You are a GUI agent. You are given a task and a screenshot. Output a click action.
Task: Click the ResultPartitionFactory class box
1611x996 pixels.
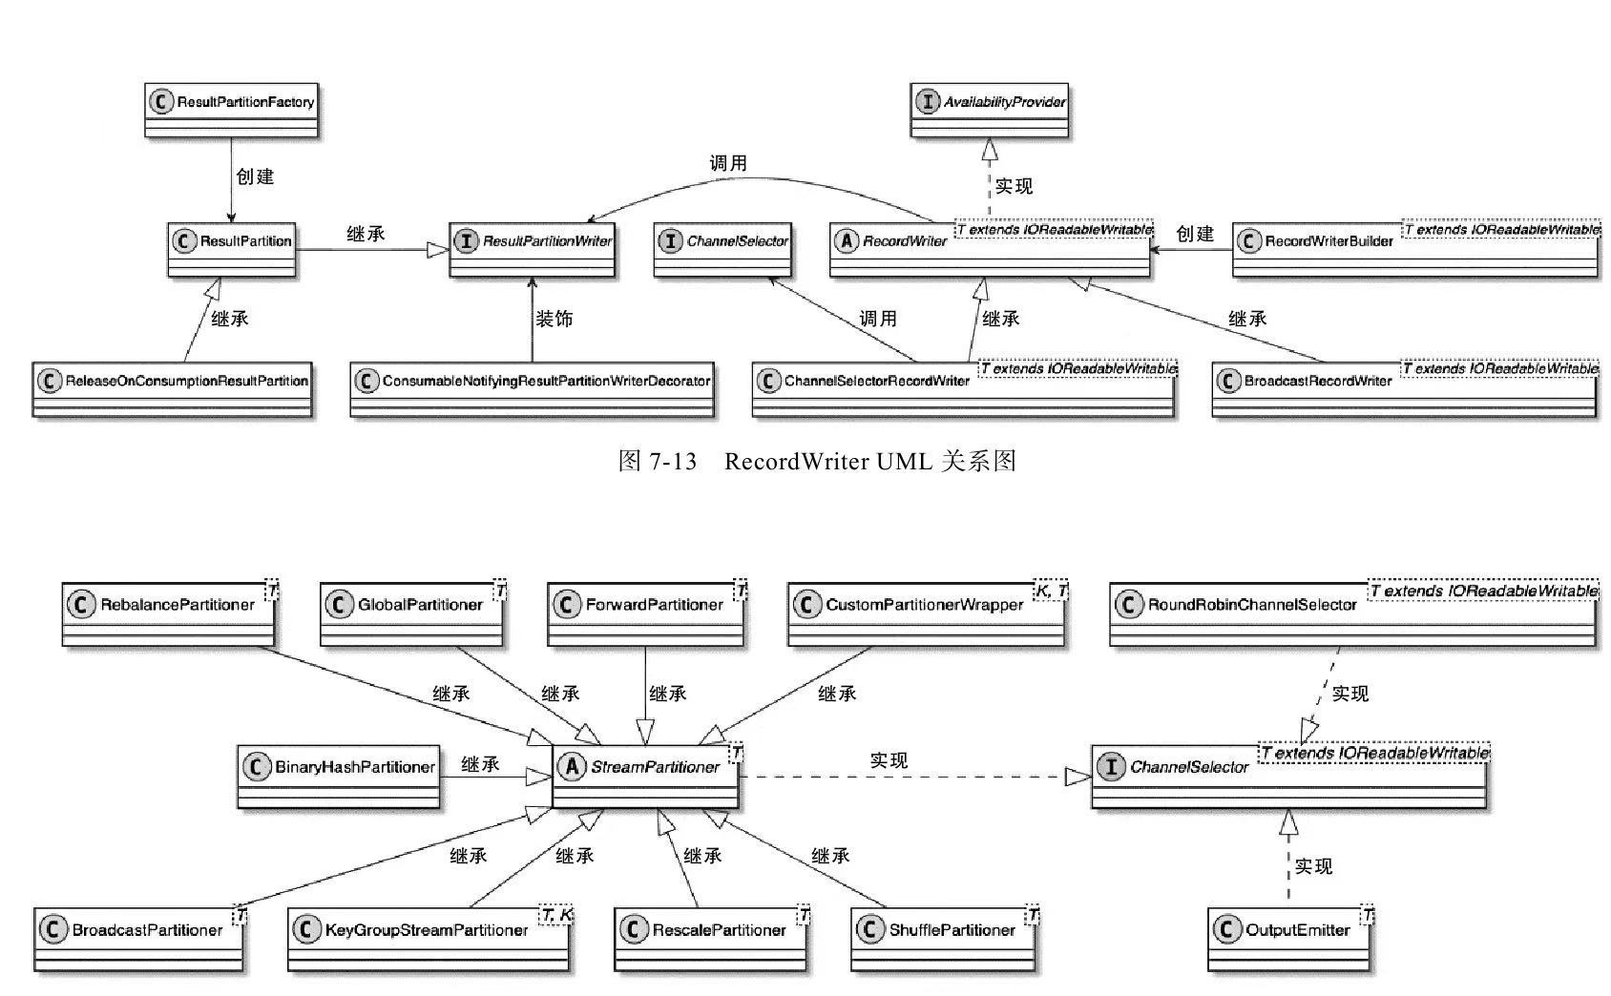tap(230, 109)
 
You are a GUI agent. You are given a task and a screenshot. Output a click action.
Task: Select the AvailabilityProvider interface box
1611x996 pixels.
tap(990, 109)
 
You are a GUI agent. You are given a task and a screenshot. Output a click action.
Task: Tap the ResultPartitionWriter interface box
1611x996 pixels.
tap(532, 248)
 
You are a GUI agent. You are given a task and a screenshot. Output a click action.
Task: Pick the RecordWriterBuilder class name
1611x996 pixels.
tap(1329, 241)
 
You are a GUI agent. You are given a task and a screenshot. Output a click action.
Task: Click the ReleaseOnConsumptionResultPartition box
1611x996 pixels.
tap(172, 388)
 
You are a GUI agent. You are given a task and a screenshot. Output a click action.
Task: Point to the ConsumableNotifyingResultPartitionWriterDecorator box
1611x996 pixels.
tap(532, 388)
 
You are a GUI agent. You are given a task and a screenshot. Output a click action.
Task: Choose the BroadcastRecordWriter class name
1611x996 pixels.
tap(1317, 381)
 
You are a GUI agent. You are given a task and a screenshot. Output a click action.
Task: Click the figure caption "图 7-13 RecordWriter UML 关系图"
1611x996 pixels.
tap(817, 462)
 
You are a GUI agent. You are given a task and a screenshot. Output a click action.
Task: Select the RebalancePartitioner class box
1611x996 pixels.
tap(168, 613)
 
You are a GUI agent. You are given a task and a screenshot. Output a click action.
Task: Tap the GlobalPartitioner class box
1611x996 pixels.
tap(411, 613)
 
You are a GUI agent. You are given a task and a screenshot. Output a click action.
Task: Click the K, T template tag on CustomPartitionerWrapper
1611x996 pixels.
tap(1050, 591)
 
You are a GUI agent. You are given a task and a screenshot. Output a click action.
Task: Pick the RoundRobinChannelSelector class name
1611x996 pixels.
tap(1251, 605)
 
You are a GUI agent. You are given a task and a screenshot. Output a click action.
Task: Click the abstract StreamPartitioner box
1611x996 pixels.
tap(645, 776)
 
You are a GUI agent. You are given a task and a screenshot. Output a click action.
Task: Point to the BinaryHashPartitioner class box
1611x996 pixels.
tap(339, 776)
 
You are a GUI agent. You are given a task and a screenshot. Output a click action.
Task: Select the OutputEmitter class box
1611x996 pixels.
tap(1289, 939)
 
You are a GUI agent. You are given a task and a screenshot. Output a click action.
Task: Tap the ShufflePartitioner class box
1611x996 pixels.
tap(943, 939)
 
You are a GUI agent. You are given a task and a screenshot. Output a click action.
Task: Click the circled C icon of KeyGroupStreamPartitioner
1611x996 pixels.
tap(306, 930)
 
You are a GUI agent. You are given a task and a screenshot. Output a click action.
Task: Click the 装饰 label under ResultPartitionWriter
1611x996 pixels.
tap(554, 319)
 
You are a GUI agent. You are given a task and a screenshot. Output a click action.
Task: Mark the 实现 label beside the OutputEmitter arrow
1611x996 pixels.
tap(1313, 866)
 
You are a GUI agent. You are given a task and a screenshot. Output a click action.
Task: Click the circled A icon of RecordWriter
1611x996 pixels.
tap(847, 241)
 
